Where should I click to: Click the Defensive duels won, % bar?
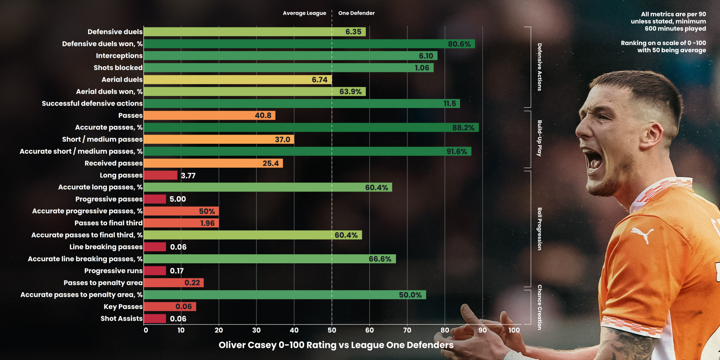tap(309, 44)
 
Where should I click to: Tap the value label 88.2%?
tap(463, 127)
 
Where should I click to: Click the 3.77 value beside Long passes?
tap(188, 175)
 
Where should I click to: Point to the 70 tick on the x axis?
tap(407, 330)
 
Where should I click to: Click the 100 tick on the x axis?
tap(514, 330)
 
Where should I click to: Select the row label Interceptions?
tap(119, 56)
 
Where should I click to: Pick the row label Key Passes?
tap(123, 307)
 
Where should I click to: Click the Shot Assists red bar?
tap(155, 319)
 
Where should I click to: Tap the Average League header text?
tap(304, 13)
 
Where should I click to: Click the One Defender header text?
tap(356, 13)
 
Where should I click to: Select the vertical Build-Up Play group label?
tap(539, 138)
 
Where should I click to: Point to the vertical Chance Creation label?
tap(539, 307)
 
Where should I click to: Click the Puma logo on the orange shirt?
tap(642, 234)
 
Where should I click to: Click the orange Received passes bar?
tap(213, 163)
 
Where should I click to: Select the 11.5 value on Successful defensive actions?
tap(450, 103)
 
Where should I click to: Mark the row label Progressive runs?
tap(113, 271)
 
